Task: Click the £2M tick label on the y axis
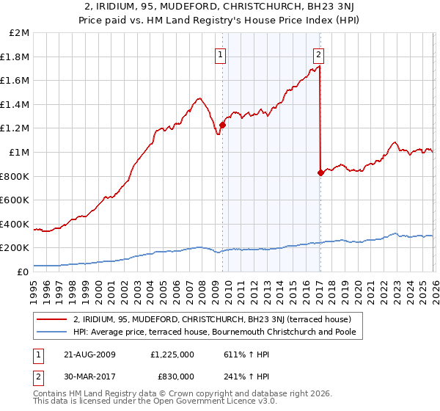[x=20, y=33]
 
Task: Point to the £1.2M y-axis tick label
[x=16, y=128]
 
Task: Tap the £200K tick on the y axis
[x=16, y=248]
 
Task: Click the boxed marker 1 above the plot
[x=221, y=53]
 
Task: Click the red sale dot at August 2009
[x=222, y=125]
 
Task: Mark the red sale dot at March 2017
[x=320, y=172]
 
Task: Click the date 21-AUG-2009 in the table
[x=87, y=354]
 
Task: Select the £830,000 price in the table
[x=175, y=376]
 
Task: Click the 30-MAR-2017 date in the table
[x=87, y=376]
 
